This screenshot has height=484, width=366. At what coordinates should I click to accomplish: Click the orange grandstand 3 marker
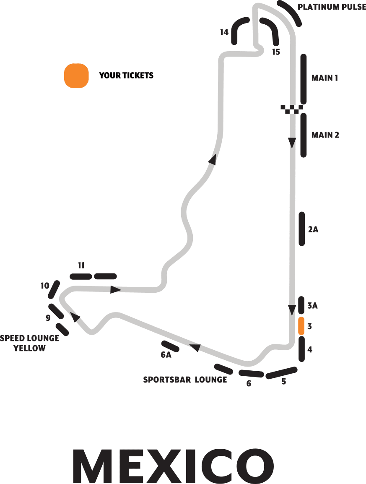(301, 326)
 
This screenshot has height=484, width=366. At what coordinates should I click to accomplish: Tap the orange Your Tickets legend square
(76, 76)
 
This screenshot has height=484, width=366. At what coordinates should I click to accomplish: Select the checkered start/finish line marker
(292, 109)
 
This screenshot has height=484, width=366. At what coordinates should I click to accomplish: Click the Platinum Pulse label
(332, 7)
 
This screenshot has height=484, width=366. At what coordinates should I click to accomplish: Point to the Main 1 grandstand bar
(304, 78)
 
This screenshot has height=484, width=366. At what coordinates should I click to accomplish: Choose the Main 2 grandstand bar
(304, 135)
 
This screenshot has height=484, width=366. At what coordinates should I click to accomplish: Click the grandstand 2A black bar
(301, 229)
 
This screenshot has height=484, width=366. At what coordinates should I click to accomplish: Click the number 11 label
(81, 265)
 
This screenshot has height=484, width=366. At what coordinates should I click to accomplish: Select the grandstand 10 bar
(54, 290)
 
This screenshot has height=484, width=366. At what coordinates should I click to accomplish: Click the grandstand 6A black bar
(171, 346)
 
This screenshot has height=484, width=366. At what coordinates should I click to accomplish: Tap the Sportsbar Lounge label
(185, 380)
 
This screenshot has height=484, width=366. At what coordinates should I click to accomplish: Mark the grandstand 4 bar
(301, 349)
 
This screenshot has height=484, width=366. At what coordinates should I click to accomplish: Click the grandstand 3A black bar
(301, 305)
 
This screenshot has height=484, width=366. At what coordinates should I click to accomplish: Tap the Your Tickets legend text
(126, 76)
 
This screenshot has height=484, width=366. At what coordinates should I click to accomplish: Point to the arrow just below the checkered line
(292, 143)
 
